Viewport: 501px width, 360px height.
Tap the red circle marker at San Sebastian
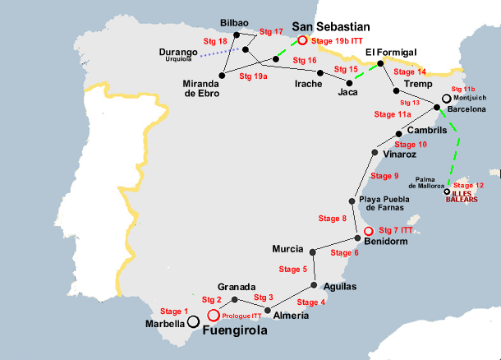[303, 39]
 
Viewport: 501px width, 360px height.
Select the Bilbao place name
[233, 24]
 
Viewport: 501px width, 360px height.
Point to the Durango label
[181, 53]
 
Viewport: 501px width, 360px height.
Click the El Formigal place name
[391, 52]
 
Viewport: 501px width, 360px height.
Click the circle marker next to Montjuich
[446, 98]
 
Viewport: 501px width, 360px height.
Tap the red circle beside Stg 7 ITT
[369, 231]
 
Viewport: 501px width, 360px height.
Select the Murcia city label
[287, 249]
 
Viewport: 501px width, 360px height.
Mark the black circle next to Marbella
[194, 322]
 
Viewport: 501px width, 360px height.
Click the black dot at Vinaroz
[375, 153]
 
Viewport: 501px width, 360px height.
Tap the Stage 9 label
[384, 176]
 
